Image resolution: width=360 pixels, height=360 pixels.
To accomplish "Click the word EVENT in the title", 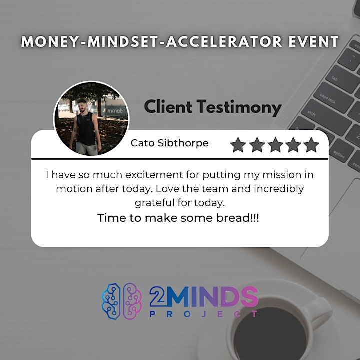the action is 313,42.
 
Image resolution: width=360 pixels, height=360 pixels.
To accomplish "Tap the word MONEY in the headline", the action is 50,42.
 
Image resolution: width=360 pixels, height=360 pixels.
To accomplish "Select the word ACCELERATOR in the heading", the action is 224,42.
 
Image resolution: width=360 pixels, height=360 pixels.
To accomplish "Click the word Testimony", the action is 239,107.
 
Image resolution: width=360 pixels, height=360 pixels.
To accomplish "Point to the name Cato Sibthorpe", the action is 169,143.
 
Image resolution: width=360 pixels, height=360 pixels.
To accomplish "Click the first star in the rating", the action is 238,145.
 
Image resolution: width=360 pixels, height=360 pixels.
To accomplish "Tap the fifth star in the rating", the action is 311,145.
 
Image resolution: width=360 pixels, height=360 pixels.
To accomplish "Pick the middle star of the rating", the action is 275,145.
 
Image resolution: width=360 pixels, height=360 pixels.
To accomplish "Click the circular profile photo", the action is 91,119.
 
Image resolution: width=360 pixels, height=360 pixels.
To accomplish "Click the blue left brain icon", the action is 111,301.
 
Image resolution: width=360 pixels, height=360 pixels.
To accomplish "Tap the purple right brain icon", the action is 132,301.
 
